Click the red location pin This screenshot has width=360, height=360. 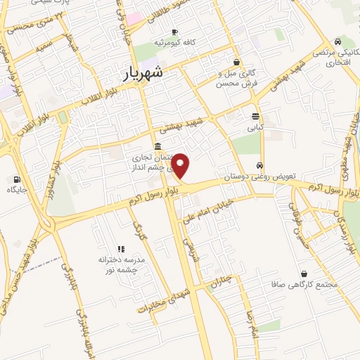tap(181, 165)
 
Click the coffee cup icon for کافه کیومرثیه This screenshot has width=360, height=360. tap(174, 32)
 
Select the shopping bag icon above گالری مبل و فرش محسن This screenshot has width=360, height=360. tap(237, 61)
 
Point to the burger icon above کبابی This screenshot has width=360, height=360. tap(255, 117)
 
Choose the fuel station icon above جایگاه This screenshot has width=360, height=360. tap(18, 179)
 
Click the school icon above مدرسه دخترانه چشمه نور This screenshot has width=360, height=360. tap(121, 249)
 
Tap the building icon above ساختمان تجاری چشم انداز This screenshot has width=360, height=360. tap(155, 146)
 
